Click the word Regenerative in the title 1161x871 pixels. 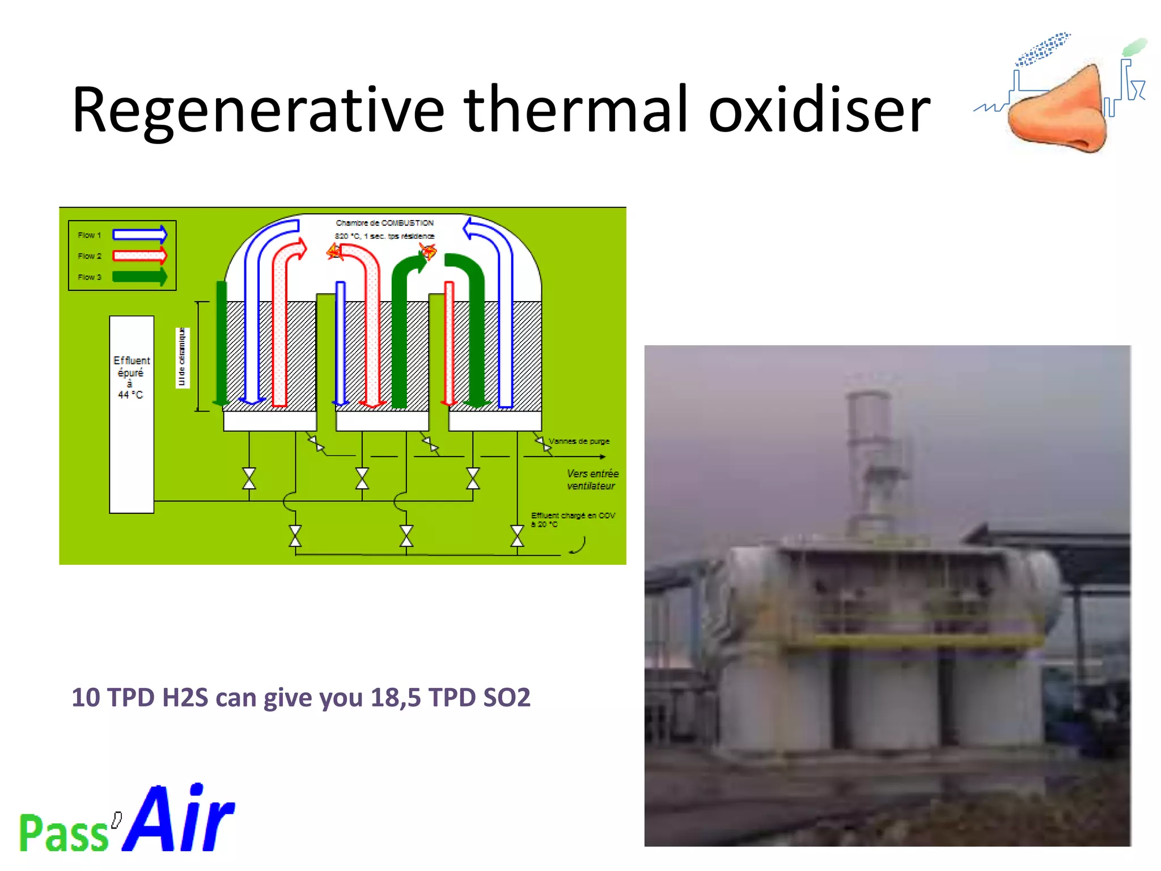point(258,111)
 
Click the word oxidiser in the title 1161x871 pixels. point(819,111)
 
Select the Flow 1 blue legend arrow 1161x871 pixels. point(139,234)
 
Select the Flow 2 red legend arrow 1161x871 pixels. point(139,256)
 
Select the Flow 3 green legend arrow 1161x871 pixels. point(139,277)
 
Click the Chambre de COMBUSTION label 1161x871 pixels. point(384,223)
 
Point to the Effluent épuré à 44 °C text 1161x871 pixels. point(132,377)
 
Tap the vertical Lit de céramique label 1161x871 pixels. point(182,357)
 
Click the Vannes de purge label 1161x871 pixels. point(579,441)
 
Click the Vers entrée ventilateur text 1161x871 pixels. point(592,480)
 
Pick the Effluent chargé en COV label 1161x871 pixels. point(573,515)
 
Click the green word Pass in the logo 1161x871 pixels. point(63,832)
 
